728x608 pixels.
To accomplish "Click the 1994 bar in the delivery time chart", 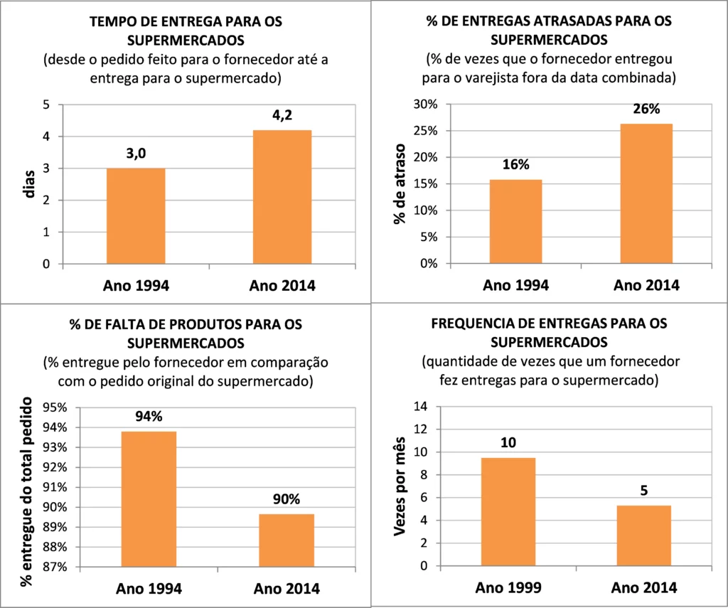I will click(x=136, y=216).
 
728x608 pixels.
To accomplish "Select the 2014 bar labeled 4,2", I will click(x=282, y=197).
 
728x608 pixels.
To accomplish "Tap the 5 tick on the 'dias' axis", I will click(x=46, y=105).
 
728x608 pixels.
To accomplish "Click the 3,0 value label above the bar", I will click(x=136, y=154).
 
